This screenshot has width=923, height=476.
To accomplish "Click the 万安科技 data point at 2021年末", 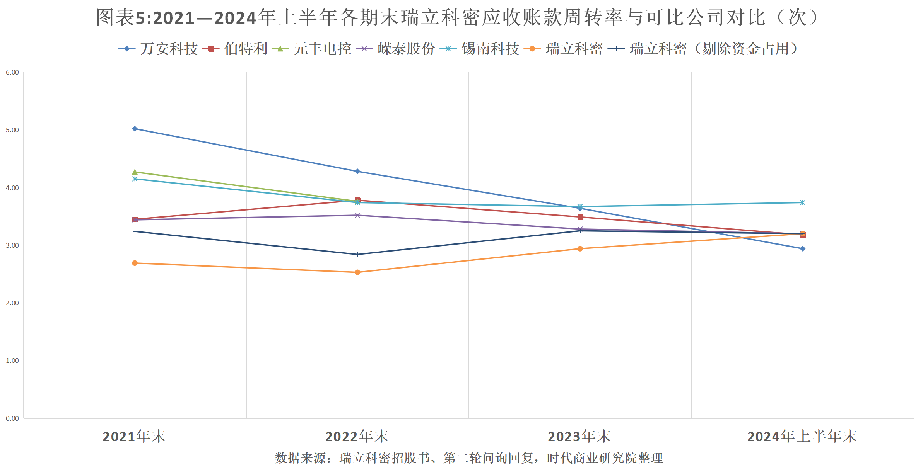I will (x=135, y=129).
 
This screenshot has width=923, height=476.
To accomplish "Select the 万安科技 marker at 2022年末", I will (x=357, y=172).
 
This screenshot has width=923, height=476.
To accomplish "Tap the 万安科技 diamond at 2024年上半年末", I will (x=803, y=249).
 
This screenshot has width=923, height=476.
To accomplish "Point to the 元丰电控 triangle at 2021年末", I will (x=135, y=172).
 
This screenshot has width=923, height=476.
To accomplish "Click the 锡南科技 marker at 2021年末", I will (x=135, y=179).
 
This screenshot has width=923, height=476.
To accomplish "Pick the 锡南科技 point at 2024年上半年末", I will (x=803, y=202).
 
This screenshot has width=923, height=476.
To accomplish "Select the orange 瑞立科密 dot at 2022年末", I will (x=357, y=272).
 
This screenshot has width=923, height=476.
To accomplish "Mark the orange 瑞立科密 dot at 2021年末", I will (x=135, y=263).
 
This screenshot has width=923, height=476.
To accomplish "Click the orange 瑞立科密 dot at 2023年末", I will (x=580, y=249).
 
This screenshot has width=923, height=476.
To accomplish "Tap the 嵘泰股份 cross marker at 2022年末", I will (x=357, y=215).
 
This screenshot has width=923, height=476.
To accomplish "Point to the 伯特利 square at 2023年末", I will (x=580, y=217).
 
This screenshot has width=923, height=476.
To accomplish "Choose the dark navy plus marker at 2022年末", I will (x=357, y=255).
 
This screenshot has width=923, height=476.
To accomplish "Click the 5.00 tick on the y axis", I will (x=12, y=130).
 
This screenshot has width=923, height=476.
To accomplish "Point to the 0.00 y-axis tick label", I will (x=12, y=418).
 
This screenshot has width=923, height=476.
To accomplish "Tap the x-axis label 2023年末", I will (x=579, y=437).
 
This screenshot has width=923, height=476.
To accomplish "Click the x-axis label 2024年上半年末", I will (x=802, y=437).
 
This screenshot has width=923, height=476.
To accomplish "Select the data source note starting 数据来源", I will (x=469, y=458).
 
